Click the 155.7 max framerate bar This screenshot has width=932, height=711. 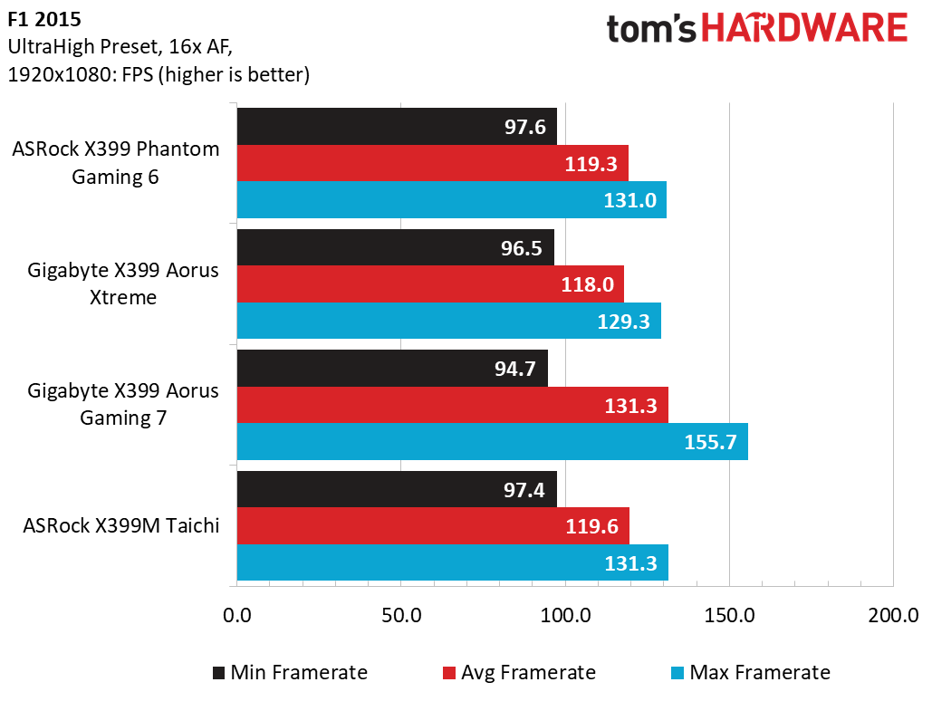click(x=492, y=442)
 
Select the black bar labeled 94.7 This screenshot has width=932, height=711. click(x=391, y=369)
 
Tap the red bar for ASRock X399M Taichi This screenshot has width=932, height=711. click(x=432, y=526)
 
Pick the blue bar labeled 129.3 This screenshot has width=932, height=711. click(x=448, y=321)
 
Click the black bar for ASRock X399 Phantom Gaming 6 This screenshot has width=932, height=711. click(x=396, y=127)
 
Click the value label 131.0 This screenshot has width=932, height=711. click(x=629, y=200)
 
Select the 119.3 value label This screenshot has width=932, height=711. click(x=591, y=164)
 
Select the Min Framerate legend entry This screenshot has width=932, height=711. click(x=290, y=672)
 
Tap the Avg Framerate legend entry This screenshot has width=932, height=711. click(x=519, y=672)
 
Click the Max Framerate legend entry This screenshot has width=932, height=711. click(x=749, y=672)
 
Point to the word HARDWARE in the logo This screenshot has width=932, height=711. click(x=804, y=28)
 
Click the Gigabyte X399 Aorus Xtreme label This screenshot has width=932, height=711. click(x=123, y=283)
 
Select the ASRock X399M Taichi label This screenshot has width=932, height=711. click(x=121, y=525)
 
